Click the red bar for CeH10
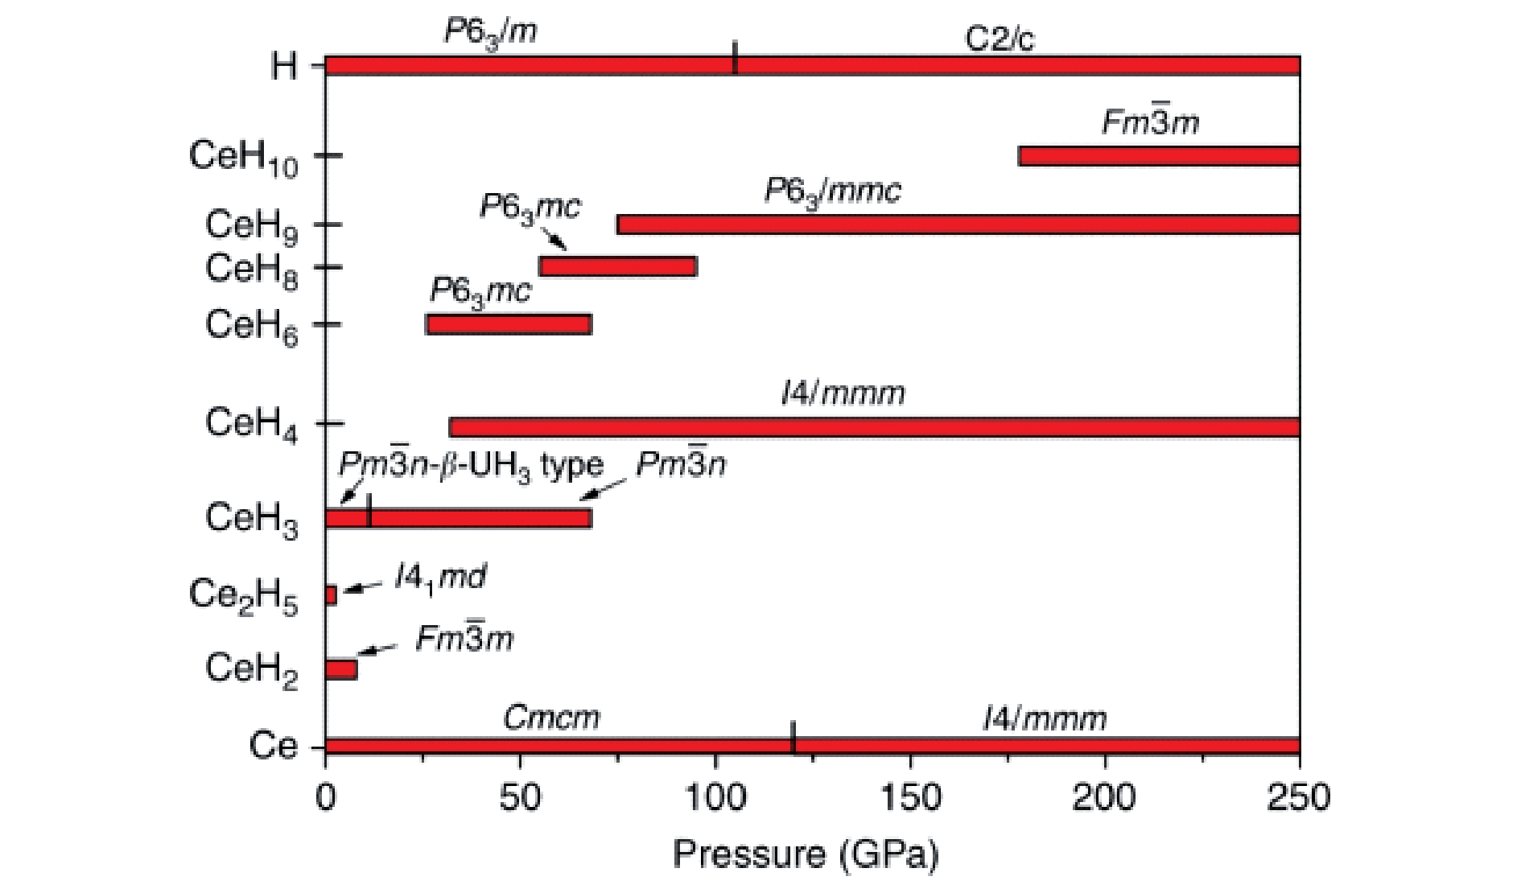pos(1159,156)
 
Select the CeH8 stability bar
pos(618,266)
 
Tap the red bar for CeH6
pos(509,324)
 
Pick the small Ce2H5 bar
pos(331,595)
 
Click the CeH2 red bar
pos(341,669)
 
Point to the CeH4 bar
pos(874,427)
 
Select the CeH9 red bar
pos(958,224)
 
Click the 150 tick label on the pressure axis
pos(910,797)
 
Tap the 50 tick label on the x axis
pos(520,797)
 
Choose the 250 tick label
pos(1298,797)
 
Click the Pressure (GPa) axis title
pos(806,854)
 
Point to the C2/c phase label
pos(999,39)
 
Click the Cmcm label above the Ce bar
pos(551,717)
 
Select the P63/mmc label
pos(832,191)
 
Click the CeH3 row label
pos(251,518)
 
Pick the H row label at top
pos(283,65)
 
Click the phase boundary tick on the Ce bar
pos(793,738)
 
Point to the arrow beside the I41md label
pos(362,588)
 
